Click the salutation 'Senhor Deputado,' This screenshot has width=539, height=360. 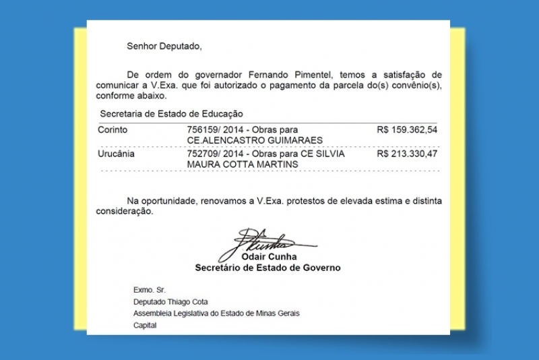(x=164, y=47)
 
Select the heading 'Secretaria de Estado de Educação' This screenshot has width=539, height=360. (x=171, y=114)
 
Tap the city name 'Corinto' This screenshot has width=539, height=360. (x=113, y=129)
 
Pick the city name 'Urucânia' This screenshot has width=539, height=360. (x=117, y=154)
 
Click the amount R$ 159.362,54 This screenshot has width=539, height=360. (x=408, y=129)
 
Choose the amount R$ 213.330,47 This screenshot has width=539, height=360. (x=408, y=154)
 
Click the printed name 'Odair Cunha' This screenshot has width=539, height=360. (x=269, y=258)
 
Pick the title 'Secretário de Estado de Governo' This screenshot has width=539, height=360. (x=267, y=268)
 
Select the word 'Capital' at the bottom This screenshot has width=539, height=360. (x=145, y=326)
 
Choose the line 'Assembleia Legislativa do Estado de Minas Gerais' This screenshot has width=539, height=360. (x=216, y=313)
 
